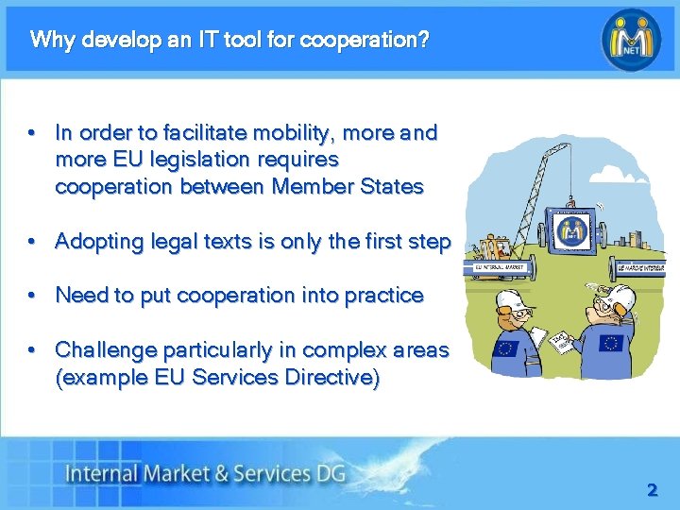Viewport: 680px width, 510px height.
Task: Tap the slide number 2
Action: (x=652, y=490)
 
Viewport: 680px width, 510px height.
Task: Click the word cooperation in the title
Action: (x=361, y=41)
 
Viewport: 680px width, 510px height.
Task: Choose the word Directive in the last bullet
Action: (x=332, y=378)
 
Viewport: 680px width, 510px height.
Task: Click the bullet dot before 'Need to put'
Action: (x=33, y=296)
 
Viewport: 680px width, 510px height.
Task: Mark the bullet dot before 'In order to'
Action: (x=33, y=132)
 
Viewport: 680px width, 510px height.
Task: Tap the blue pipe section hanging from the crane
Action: (x=570, y=229)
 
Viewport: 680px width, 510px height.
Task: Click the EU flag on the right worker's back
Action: (x=609, y=343)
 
